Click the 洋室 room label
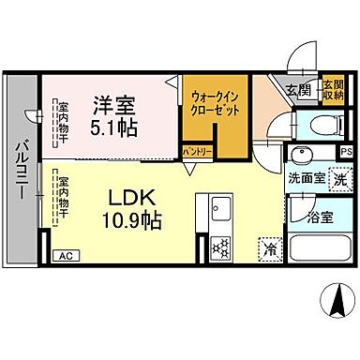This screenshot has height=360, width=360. [x=114, y=105]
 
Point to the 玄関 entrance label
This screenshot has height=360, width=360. [x=298, y=91]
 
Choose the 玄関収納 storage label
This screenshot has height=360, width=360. [x=334, y=90]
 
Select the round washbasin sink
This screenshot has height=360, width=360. [x=303, y=156]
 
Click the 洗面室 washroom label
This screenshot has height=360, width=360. [x=306, y=178]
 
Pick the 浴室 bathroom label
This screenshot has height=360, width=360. [x=320, y=217]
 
